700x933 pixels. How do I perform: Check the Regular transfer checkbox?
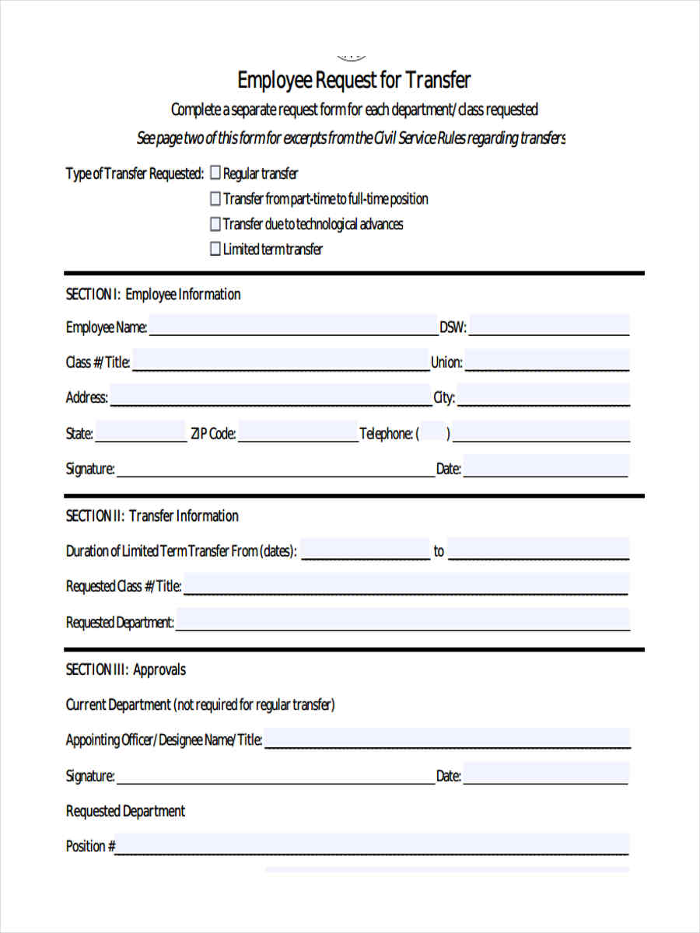(x=215, y=173)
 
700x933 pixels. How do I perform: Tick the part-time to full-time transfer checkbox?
(x=215, y=199)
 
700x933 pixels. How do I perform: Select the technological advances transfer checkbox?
(x=215, y=224)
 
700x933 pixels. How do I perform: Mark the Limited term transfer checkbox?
(x=215, y=250)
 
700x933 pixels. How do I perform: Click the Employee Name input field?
(x=293, y=326)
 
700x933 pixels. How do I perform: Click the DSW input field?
(x=549, y=326)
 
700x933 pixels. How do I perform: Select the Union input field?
(x=548, y=361)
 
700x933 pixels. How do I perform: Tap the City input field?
(x=544, y=396)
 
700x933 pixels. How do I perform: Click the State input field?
(x=141, y=432)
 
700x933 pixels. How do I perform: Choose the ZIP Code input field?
(x=298, y=432)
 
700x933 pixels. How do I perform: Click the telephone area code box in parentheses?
(x=434, y=433)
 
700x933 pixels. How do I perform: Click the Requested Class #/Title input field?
(x=405, y=585)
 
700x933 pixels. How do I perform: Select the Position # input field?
(x=373, y=844)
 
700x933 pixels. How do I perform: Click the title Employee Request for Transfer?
(x=354, y=80)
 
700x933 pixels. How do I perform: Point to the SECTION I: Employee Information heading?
(x=153, y=294)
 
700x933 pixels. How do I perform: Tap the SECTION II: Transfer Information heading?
(x=152, y=515)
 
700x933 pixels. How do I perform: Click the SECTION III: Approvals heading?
(x=126, y=669)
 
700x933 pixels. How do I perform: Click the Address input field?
(x=270, y=396)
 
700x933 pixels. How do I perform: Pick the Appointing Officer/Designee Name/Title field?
(x=447, y=739)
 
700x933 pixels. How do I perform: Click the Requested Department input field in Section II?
(x=403, y=620)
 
